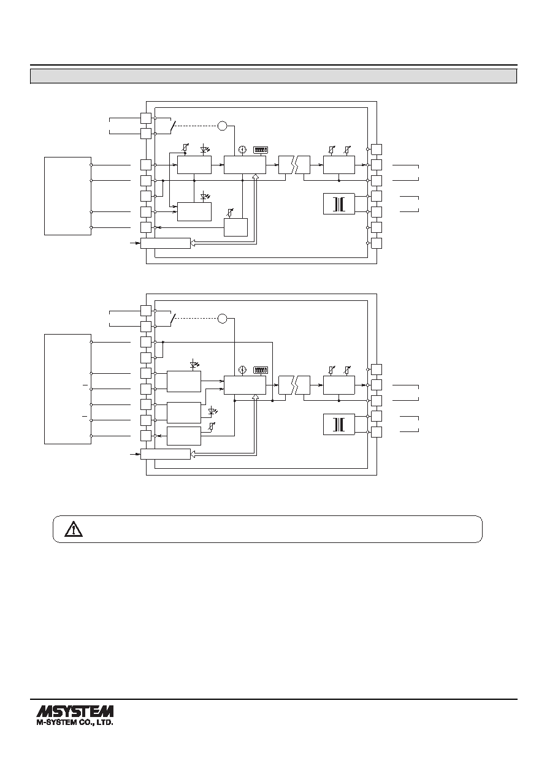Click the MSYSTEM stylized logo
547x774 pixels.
75,711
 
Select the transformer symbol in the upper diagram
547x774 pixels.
339,204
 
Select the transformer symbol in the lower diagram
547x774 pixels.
339,424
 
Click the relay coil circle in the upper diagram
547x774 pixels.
223,126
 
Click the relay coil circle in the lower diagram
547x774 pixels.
223,318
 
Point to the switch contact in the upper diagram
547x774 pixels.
172,126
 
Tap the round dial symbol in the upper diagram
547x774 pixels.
243,150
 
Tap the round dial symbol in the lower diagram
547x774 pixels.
243,370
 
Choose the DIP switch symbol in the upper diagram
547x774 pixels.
261,150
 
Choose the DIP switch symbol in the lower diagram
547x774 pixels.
261,370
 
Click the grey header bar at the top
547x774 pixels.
273,76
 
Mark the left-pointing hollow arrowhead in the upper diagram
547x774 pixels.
193,243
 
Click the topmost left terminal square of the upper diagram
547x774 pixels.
146,118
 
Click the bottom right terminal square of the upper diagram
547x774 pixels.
377,243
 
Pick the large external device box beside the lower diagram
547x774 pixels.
68,389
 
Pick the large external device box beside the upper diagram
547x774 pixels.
68,196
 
